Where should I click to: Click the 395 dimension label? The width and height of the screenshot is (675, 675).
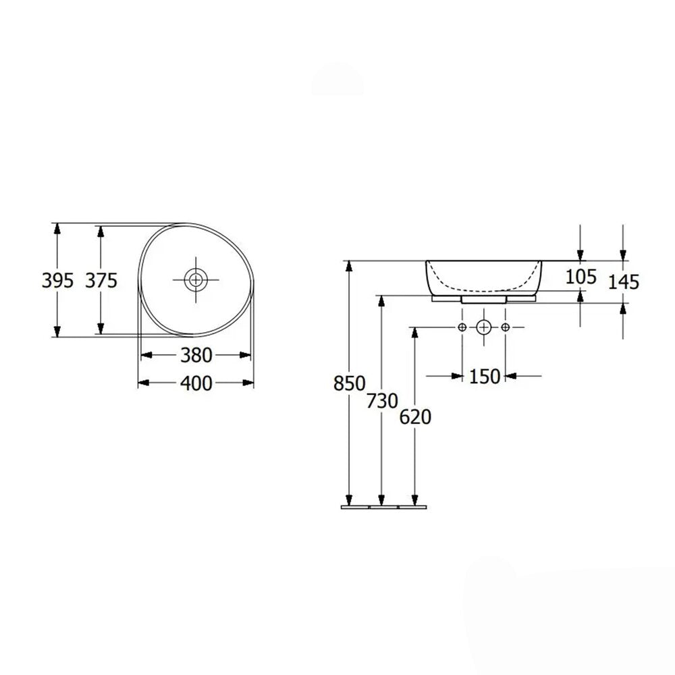(x=57, y=281)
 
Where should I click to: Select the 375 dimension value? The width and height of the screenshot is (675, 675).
(x=101, y=281)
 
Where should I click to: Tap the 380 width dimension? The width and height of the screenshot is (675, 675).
(x=196, y=355)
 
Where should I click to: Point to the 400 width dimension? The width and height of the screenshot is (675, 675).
(x=196, y=383)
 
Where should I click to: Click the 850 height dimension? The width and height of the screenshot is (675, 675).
(x=349, y=383)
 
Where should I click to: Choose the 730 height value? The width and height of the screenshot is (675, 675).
(x=382, y=401)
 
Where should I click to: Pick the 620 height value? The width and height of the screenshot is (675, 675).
(x=415, y=416)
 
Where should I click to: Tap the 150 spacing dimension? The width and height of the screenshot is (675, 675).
(x=484, y=376)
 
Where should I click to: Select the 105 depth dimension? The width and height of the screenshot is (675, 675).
(x=580, y=276)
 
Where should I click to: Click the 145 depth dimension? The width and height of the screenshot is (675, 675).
(x=623, y=282)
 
